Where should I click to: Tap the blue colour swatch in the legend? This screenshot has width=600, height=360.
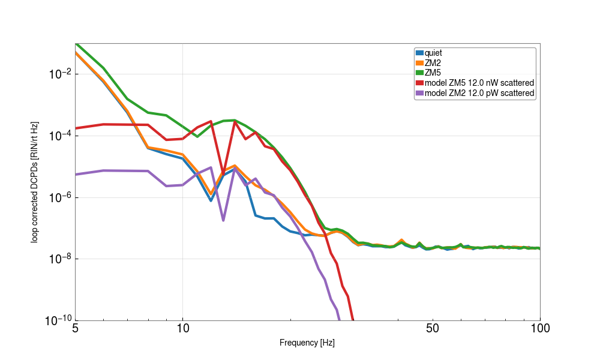coord(419,53)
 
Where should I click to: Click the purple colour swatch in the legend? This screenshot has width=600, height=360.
coord(419,93)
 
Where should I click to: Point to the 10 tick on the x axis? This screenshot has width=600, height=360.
coord(183,328)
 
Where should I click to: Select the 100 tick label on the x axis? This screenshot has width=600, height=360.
coord(540,328)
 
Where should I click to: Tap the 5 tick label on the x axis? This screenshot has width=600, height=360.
coord(75,328)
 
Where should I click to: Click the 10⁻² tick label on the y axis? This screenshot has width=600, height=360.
coord(60,74)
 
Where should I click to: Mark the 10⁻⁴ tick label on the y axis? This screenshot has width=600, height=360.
coord(60,136)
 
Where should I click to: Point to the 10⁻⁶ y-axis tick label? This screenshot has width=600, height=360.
coord(60,197)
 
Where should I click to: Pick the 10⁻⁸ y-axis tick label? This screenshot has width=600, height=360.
coord(60,259)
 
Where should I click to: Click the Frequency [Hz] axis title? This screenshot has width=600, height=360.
coord(307,343)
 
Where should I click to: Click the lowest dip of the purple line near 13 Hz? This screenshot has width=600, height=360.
coord(223,220)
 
